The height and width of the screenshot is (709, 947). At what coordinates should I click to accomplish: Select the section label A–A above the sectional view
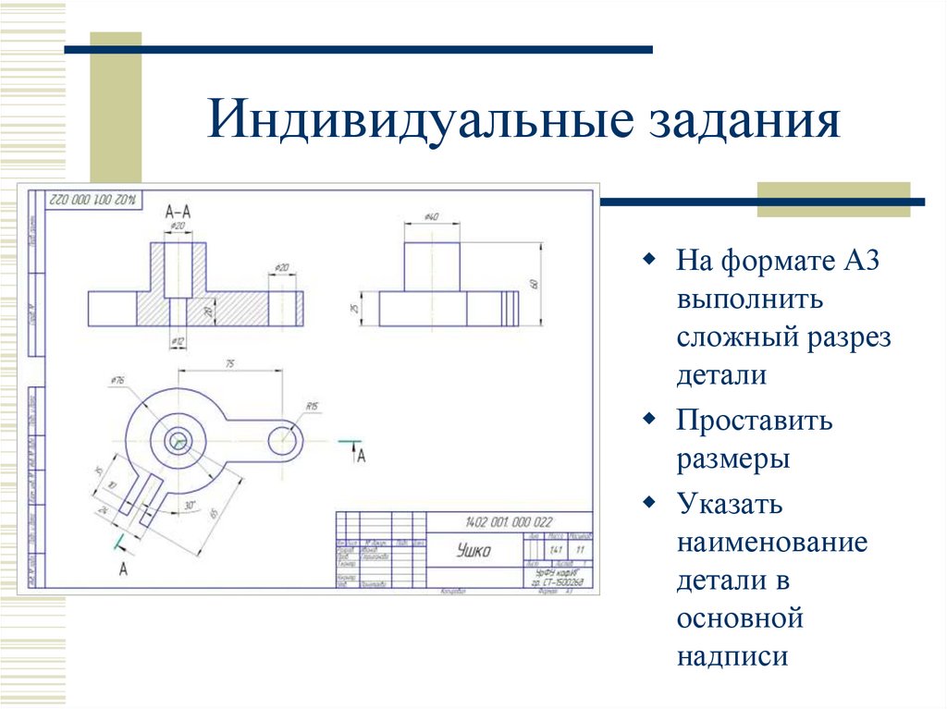coord(178,212)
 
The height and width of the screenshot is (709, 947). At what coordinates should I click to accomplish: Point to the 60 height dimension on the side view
coord(535,284)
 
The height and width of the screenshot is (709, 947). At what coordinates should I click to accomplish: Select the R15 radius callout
coord(312,407)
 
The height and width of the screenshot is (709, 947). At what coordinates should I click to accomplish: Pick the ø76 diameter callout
coord(117,380)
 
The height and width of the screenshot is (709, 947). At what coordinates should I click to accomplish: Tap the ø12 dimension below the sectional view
coord(177,342)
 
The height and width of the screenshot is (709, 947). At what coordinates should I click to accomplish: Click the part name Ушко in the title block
coord(474,551)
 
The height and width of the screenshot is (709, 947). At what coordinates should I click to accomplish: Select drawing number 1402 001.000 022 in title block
coord(509,522)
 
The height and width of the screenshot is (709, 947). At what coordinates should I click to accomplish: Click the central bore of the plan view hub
coord(176,442)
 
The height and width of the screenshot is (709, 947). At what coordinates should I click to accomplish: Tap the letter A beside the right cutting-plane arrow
coord(362,455)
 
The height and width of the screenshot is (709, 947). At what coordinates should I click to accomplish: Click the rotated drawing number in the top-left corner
coord(92,198)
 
